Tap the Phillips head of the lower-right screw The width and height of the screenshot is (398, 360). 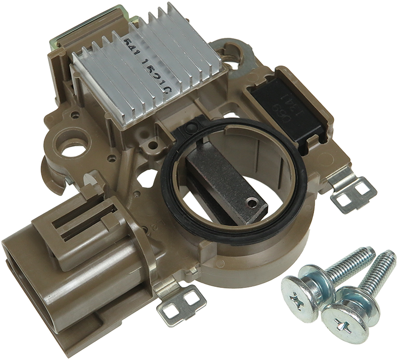[x=343, y=319]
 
